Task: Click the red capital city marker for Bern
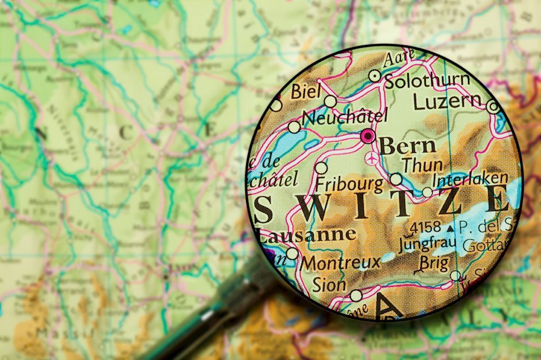coord(367,136)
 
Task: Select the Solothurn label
coord(427,81)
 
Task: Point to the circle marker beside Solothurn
coord(375,75)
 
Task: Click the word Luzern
coord(447,102)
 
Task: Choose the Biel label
coord(305,91)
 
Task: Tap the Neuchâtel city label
coord(344,118)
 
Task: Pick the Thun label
coord(423,164)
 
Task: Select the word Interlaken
coord(470,178)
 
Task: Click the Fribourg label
coord(349,185)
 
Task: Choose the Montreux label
coord(341,263)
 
